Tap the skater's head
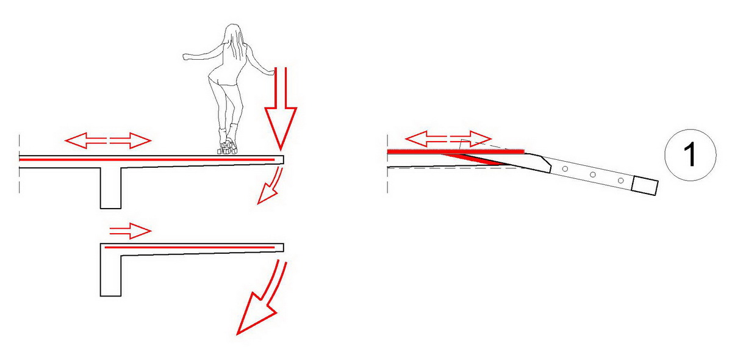pos(232,31)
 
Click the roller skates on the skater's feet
pos(227,148)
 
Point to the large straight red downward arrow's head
pos(281,128)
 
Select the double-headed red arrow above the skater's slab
pos(108,140)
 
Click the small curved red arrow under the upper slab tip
pos(271,185)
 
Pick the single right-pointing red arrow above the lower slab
pos(131,231)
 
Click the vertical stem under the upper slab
pos(111,188)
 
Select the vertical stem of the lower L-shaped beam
pos(111,275)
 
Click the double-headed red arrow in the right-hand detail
pos(448,139)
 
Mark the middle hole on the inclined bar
pos(593,175)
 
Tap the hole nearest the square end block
pos(621,181)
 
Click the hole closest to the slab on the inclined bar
pos(565,169)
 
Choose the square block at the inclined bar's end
pos(644,185)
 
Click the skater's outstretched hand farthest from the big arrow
pos(186,57)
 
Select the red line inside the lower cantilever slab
pos(190,248)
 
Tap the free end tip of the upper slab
pos(283,160)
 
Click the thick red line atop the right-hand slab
pos(456,152)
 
